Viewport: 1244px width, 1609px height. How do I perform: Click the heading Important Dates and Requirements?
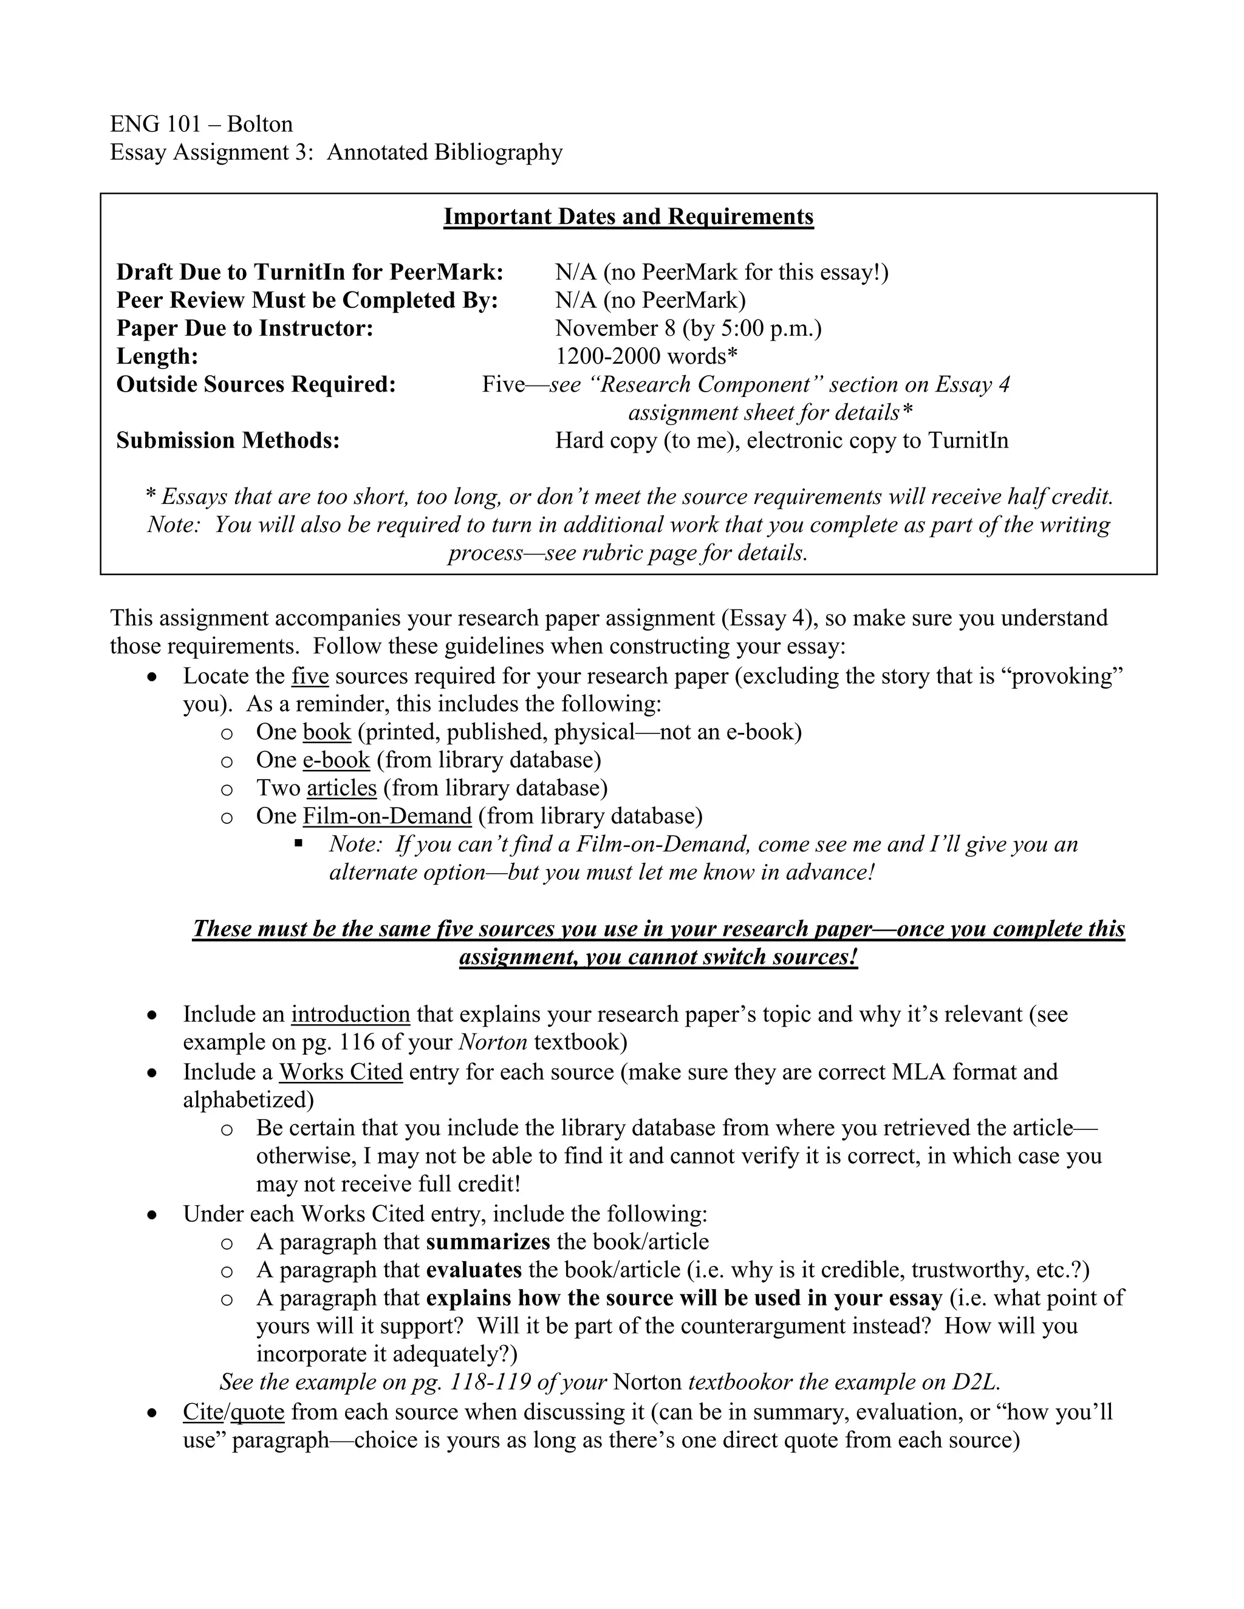tap(628, 217)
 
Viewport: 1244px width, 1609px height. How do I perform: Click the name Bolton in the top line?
tap(259, 124)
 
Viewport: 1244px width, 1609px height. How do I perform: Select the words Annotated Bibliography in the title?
tap(445, 152)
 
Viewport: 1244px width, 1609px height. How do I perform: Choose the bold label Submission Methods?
tap(228, 441)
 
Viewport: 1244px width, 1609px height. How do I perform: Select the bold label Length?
tap(157, 356)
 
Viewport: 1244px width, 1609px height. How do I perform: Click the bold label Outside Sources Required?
tap(256, 384)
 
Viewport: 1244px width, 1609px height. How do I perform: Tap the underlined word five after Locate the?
tap(310, 676)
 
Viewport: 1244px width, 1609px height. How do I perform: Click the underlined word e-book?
tap(335, 760)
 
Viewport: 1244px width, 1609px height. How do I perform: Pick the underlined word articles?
tap(341, 788)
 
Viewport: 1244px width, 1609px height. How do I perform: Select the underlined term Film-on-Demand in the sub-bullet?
tap(387, 816)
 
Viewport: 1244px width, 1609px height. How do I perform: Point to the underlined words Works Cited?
tap(341, 1072)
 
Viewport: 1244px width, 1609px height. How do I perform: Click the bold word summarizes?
tap(488, 1242)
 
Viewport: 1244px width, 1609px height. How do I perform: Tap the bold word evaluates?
tap(474, 1270)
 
